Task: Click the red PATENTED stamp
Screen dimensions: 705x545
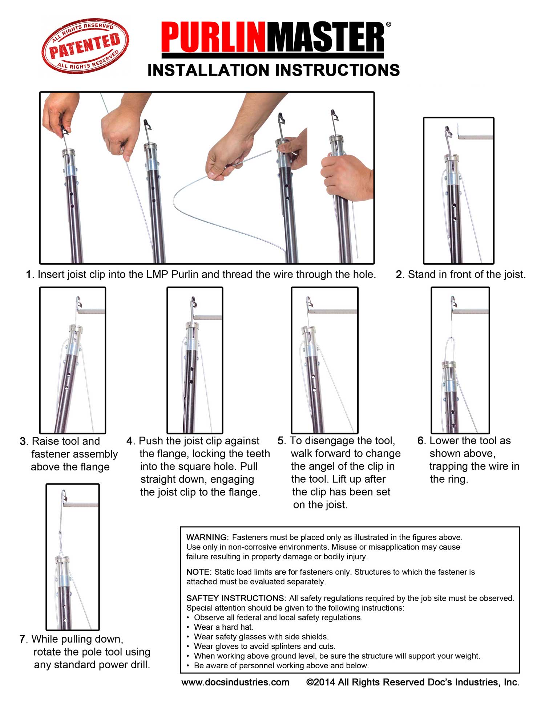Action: pyautogui.click(x=85, y=46)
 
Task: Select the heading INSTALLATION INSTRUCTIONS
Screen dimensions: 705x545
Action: pyautogui.click(x=273, y=70)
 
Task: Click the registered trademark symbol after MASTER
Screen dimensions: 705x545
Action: pyautogui.click(x=388, y=25)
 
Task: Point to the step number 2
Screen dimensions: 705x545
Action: pyautogui.click(x=399, y=275)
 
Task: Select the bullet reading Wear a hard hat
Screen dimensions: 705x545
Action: pyautogui.click(x=223, y=627)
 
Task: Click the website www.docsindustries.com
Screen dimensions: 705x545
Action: pyautogui.click(x=235, y=682)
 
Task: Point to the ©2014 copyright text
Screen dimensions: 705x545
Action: pyautogui.click(x=412, y=682)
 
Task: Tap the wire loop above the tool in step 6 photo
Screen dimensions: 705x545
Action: pyautogui.click(x=451, y=345)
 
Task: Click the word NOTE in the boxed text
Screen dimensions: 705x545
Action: pyautogui.click(x=198, y=572)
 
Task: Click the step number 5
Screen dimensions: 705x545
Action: pyautogui.click(x=281, y=441)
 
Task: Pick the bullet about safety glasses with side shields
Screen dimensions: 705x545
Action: pyautogui.click(x=261, y=637)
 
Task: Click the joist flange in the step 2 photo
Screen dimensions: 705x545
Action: pyautogui.click(x=476, y=137)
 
